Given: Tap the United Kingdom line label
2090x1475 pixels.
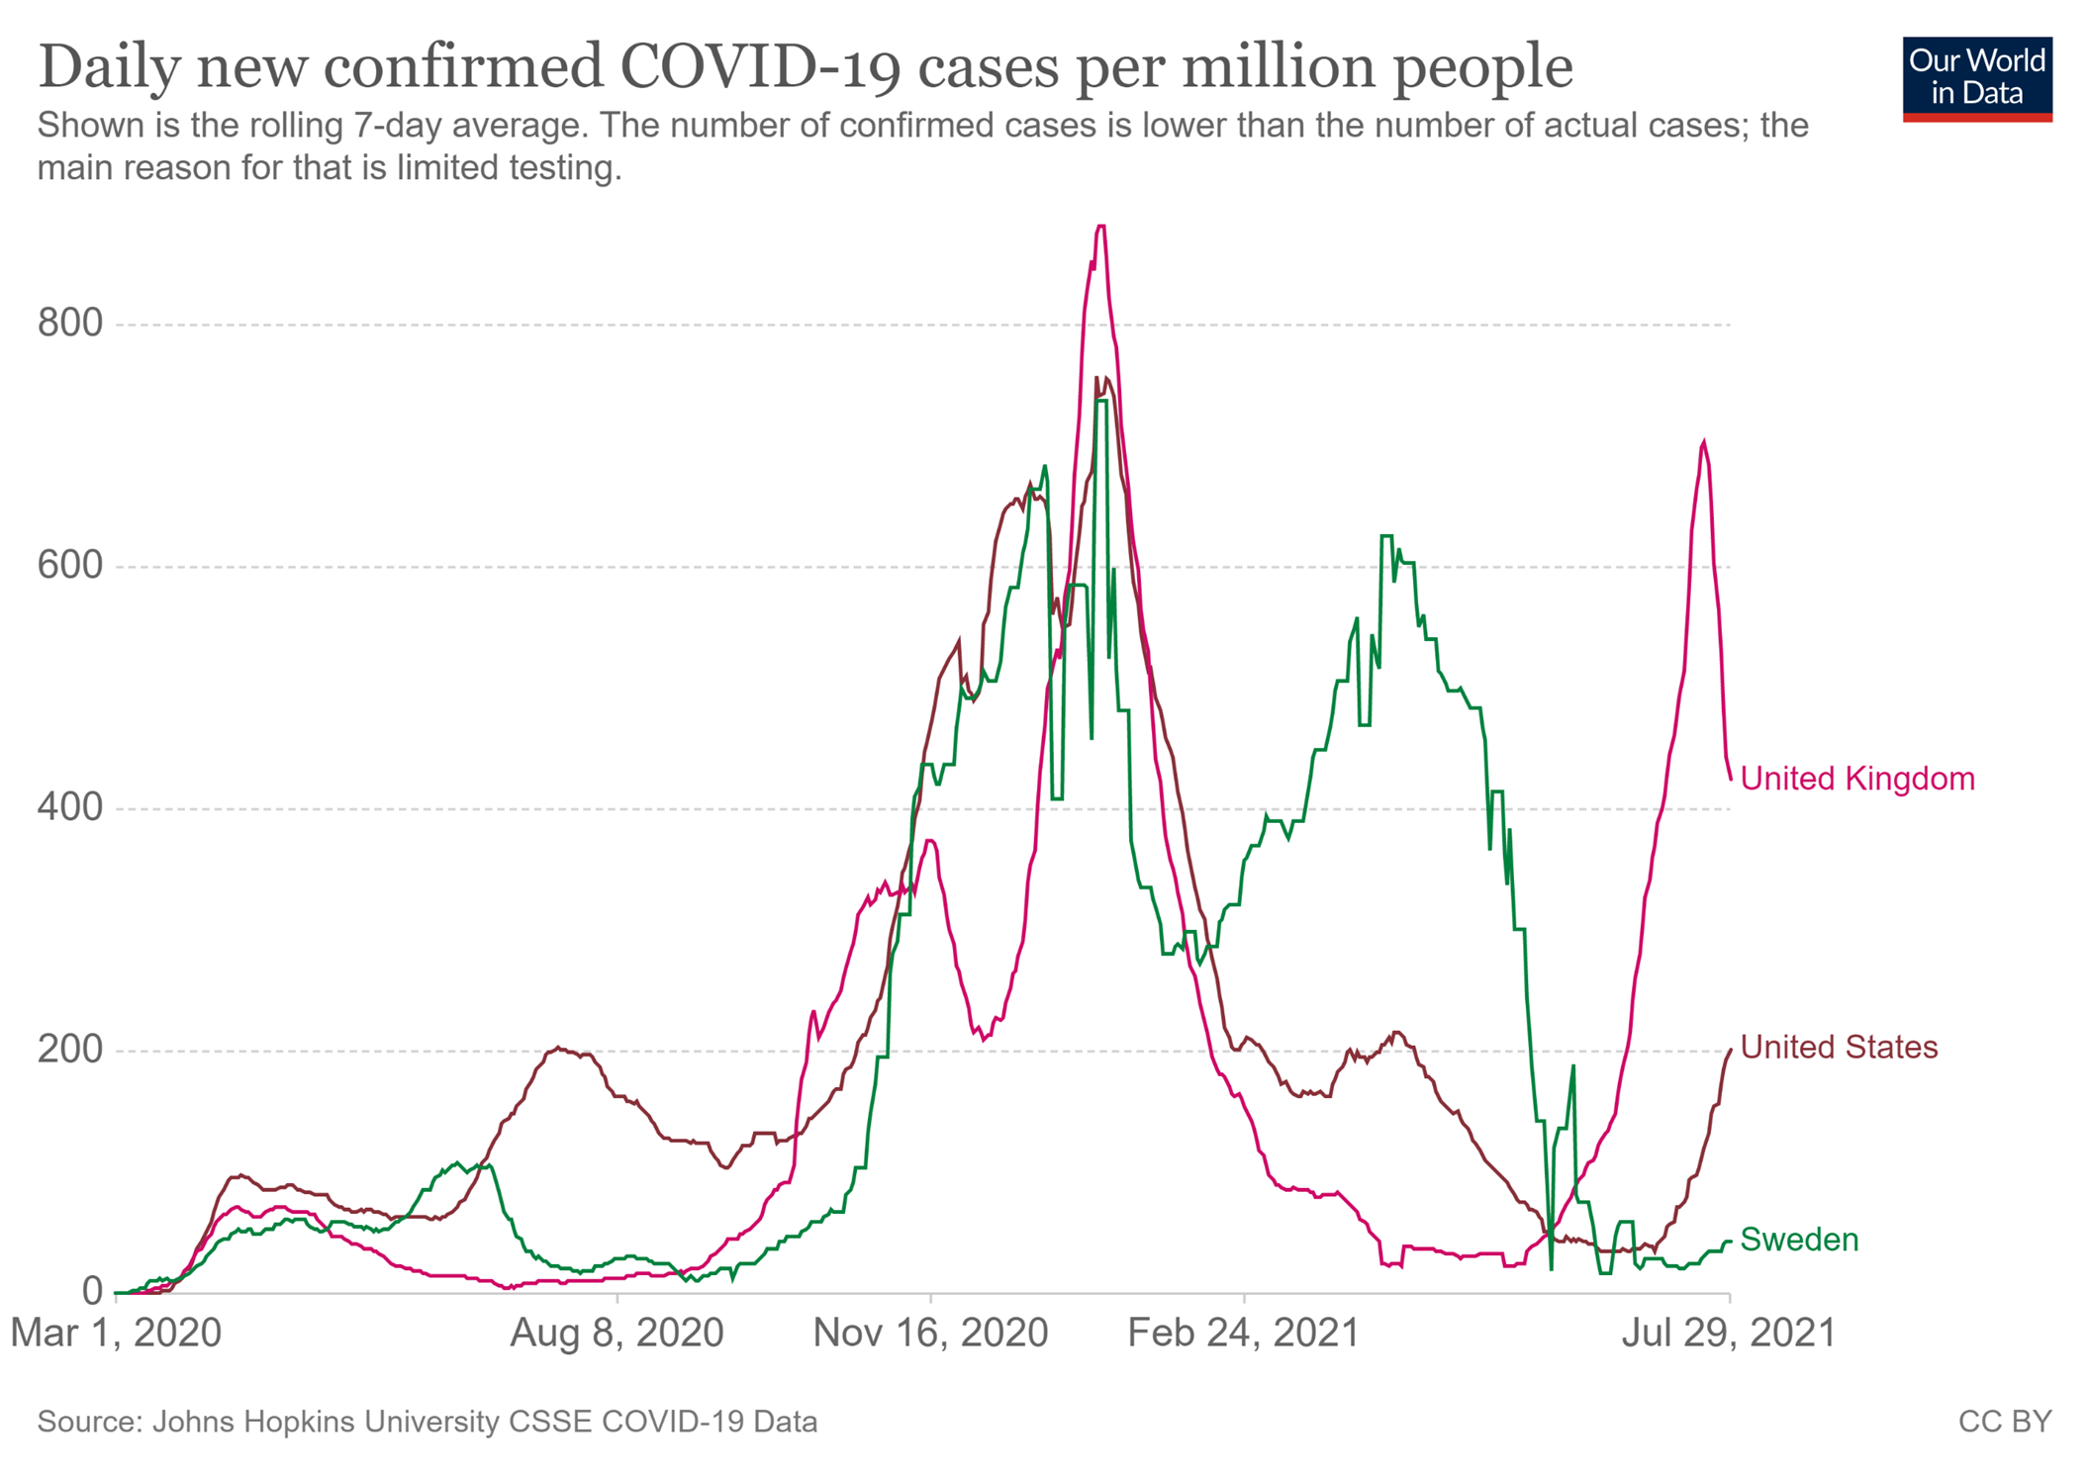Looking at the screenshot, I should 1856,779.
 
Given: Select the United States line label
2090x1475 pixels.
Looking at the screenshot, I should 1839,1047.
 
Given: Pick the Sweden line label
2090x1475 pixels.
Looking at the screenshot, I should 1799,1240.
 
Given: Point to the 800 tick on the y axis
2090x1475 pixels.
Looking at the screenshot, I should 70,323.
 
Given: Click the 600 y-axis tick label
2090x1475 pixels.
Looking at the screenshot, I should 70,566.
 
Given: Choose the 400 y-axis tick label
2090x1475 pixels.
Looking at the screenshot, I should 70,808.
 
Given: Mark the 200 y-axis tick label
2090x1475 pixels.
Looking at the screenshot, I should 70,1050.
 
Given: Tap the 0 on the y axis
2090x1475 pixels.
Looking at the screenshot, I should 92,1291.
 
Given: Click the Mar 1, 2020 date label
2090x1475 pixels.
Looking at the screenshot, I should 116,1334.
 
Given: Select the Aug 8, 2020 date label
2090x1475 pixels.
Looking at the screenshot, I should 617,1334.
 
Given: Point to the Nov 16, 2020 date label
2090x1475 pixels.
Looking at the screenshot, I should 930,1334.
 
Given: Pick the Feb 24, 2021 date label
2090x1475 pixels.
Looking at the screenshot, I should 1243,1334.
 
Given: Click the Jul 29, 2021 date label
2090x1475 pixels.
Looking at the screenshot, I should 1728,1334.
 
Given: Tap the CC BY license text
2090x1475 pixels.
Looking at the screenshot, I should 2004,1422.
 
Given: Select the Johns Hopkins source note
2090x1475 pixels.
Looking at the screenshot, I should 427,1422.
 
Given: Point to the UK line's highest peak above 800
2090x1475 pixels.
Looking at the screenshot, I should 1100,228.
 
